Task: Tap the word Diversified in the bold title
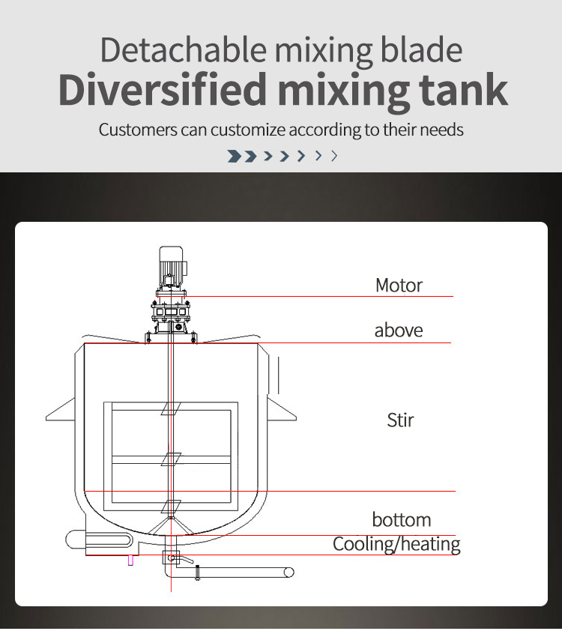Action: pyautogui.click(x=162, y=89)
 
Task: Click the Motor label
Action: pyautogui.click(x=399, y=285)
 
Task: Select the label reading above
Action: pyautogui.click(x=398, y=330)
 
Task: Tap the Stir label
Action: pyautogui.click(x=400, y=420)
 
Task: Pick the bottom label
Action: pyautogui.click(x=401, y=519)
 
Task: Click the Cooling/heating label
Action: pyautogui.click(x=396, y=543)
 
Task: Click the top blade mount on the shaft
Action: pyautogui.click(x=171, y=410)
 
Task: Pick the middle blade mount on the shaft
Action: pyautogui.click(x=171, y=459)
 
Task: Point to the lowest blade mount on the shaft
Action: pyautogui.click(x=171, y=506)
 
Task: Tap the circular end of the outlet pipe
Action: pyautogui.click(x=288, y=572)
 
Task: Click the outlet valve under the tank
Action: pyautogui.click(x=172, y=558)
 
